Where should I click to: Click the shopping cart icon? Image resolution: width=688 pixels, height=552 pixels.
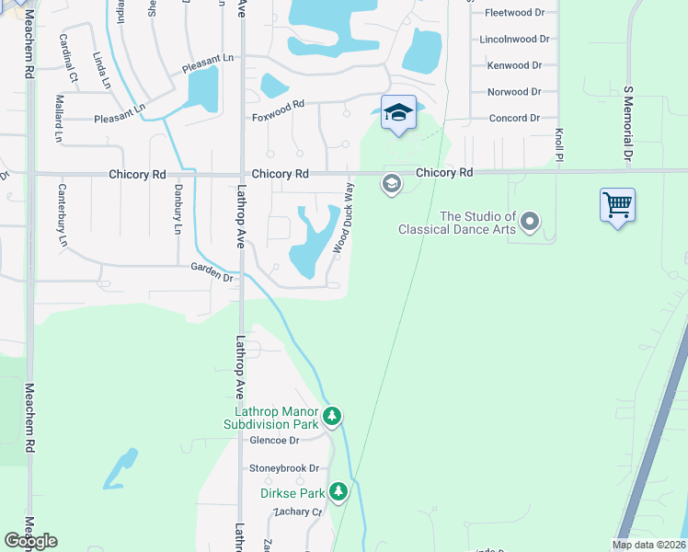click(x=617, y=204)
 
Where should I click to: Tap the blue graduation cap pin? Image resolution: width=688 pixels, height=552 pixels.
click(x=398, y=113)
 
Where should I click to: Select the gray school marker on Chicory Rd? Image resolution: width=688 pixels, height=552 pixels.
click(x=391, y=185)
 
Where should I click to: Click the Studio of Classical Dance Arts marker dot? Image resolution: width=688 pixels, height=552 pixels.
click(x=529, y=221)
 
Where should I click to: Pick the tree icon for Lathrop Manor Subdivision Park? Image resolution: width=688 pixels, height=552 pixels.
click(x=332, y=418)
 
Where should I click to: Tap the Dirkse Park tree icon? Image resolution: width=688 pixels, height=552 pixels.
click(x=339, y=492)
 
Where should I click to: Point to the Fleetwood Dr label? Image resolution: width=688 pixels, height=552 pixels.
click(x=514, y=13)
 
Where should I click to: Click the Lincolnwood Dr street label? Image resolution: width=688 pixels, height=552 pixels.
click(x=514, y=40)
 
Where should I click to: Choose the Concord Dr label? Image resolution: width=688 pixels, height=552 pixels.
click(x=514, y=118)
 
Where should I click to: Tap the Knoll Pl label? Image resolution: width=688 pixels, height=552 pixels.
click(x=558, y=144)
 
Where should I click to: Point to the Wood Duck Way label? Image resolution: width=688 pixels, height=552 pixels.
click(x=343, y=218)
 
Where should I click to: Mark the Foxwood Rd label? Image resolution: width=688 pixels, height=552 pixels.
click(x=278, y=117)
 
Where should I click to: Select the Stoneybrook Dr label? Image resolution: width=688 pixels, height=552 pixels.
click(x=284, y=468)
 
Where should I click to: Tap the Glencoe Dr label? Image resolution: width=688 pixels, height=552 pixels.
click(x=274, y=441)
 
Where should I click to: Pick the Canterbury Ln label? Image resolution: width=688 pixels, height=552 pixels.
click(x=63, y=224)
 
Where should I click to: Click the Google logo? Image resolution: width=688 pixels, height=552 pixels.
click(x=30, y=541)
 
